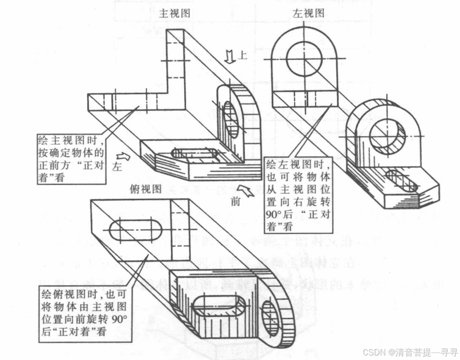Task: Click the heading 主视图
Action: click(174, 14)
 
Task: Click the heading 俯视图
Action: click(145, 189)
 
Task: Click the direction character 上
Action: click(243, 56)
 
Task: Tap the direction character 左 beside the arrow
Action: click(117, 167)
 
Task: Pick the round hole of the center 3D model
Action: click(230, 119)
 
